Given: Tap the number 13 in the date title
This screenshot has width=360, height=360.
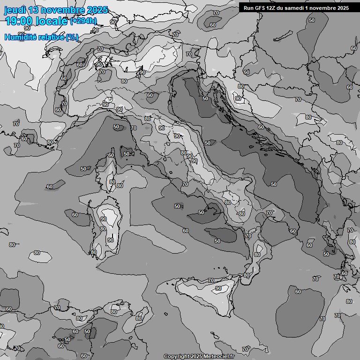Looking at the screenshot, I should tap(34, 10).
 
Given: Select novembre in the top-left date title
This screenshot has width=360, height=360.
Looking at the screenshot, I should tap(63, 10).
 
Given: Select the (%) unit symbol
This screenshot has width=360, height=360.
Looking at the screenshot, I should tap(72, 37).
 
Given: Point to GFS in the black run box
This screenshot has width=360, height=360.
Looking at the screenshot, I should tap(261, 8).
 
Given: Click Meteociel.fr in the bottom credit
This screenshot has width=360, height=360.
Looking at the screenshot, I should tap(218, 356).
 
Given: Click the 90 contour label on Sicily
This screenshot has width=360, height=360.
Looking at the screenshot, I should tap(218, 288).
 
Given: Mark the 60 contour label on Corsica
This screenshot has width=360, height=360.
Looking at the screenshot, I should tap(111, 155).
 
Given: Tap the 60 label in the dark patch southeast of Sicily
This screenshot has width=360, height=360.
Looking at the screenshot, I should tap(298, 292).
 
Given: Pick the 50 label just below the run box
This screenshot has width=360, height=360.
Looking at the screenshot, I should tap(312, 20).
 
